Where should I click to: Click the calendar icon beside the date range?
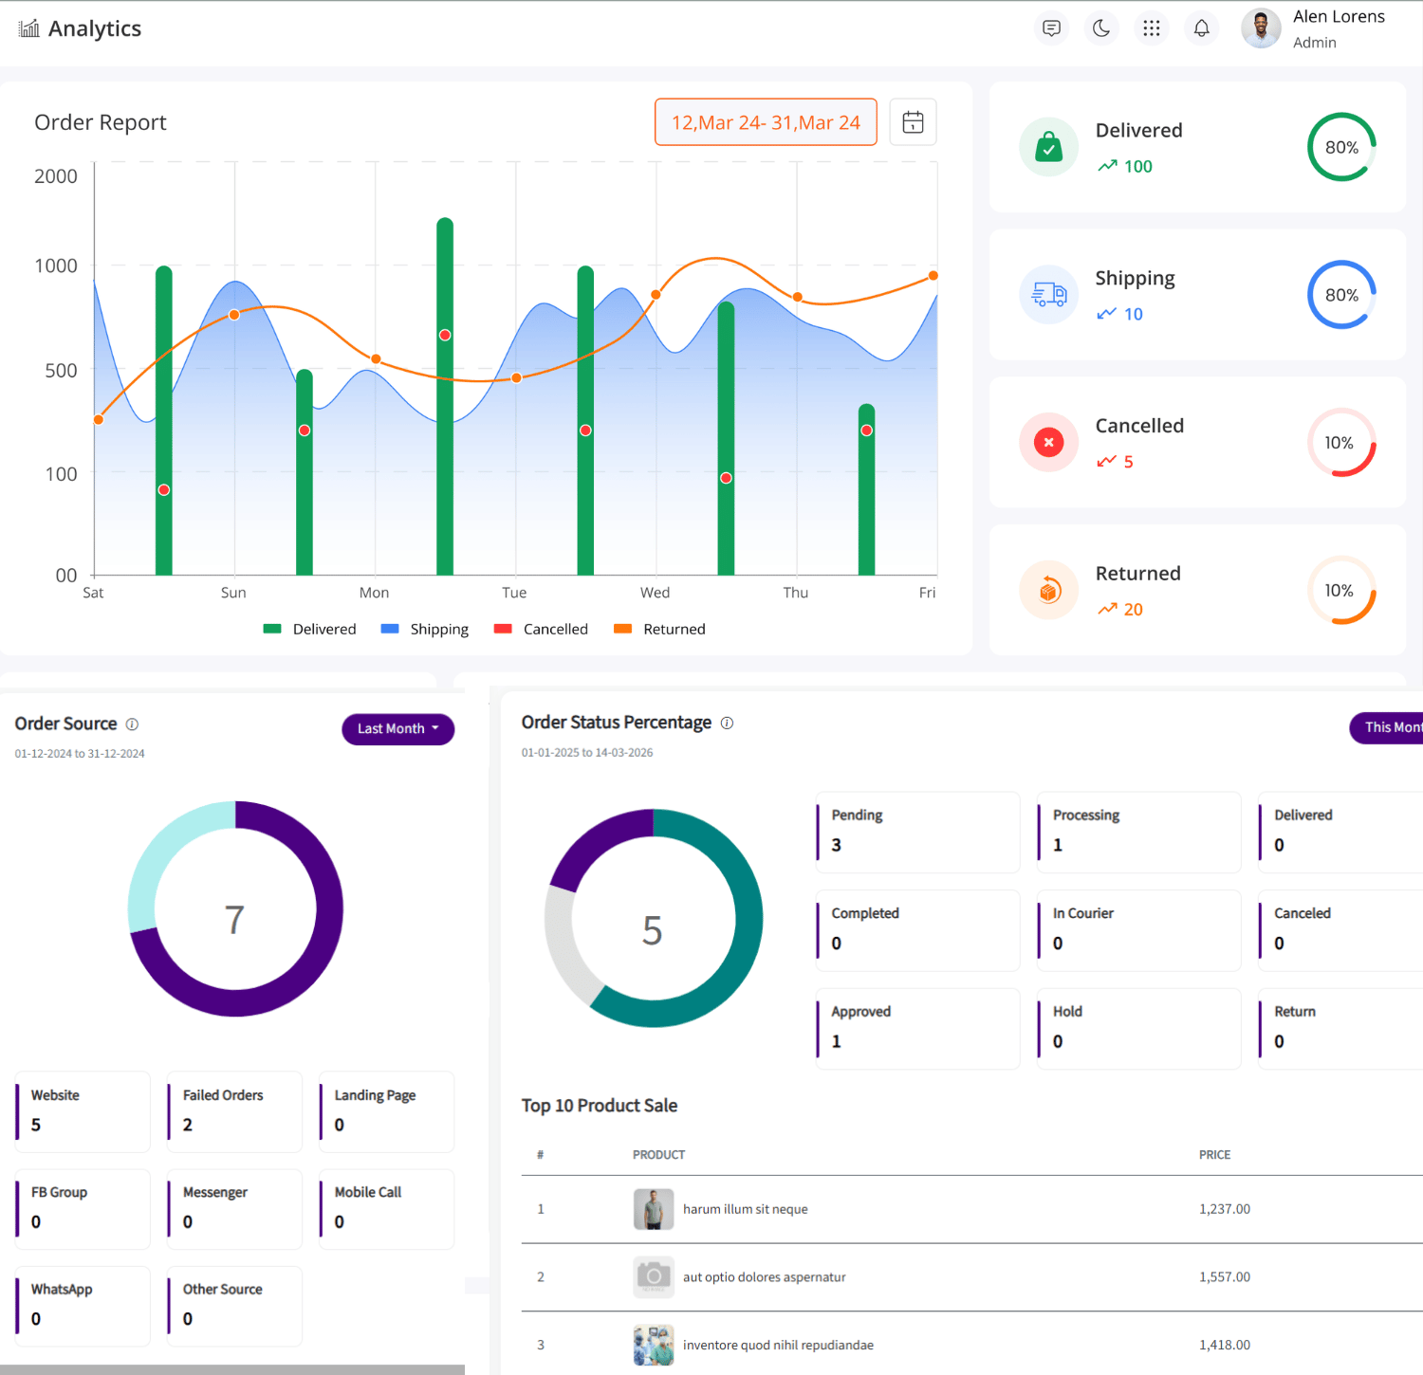tap(913, 122)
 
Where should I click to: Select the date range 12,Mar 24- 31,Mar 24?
tap(766, 122)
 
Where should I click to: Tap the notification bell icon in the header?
tap(1201, 28)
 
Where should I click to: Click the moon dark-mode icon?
tap(1101, 28)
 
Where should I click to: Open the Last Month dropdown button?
tap(397, 729)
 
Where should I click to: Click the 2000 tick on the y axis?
tap(56, 176)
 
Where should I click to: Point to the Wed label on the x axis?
tap(655, 593)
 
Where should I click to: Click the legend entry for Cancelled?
tap(542, 629)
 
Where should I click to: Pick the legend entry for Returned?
tap(660, 629)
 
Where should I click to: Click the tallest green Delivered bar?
tap(445, 398)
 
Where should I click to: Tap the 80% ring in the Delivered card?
tap(1341, 147)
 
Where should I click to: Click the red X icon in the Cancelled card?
tap(1048, 442)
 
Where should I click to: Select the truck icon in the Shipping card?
tap(1048, 295)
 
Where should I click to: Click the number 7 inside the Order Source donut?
tap(234, 919)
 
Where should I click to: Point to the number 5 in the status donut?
tap(652, 930)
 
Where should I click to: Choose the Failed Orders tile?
tap(234, 1111)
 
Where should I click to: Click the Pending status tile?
tap(917, 832)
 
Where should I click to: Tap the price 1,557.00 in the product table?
tap(1224, 1277)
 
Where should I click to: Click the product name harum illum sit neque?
tap(745, 1209)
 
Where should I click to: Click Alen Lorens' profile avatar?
tap(1261, 28)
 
